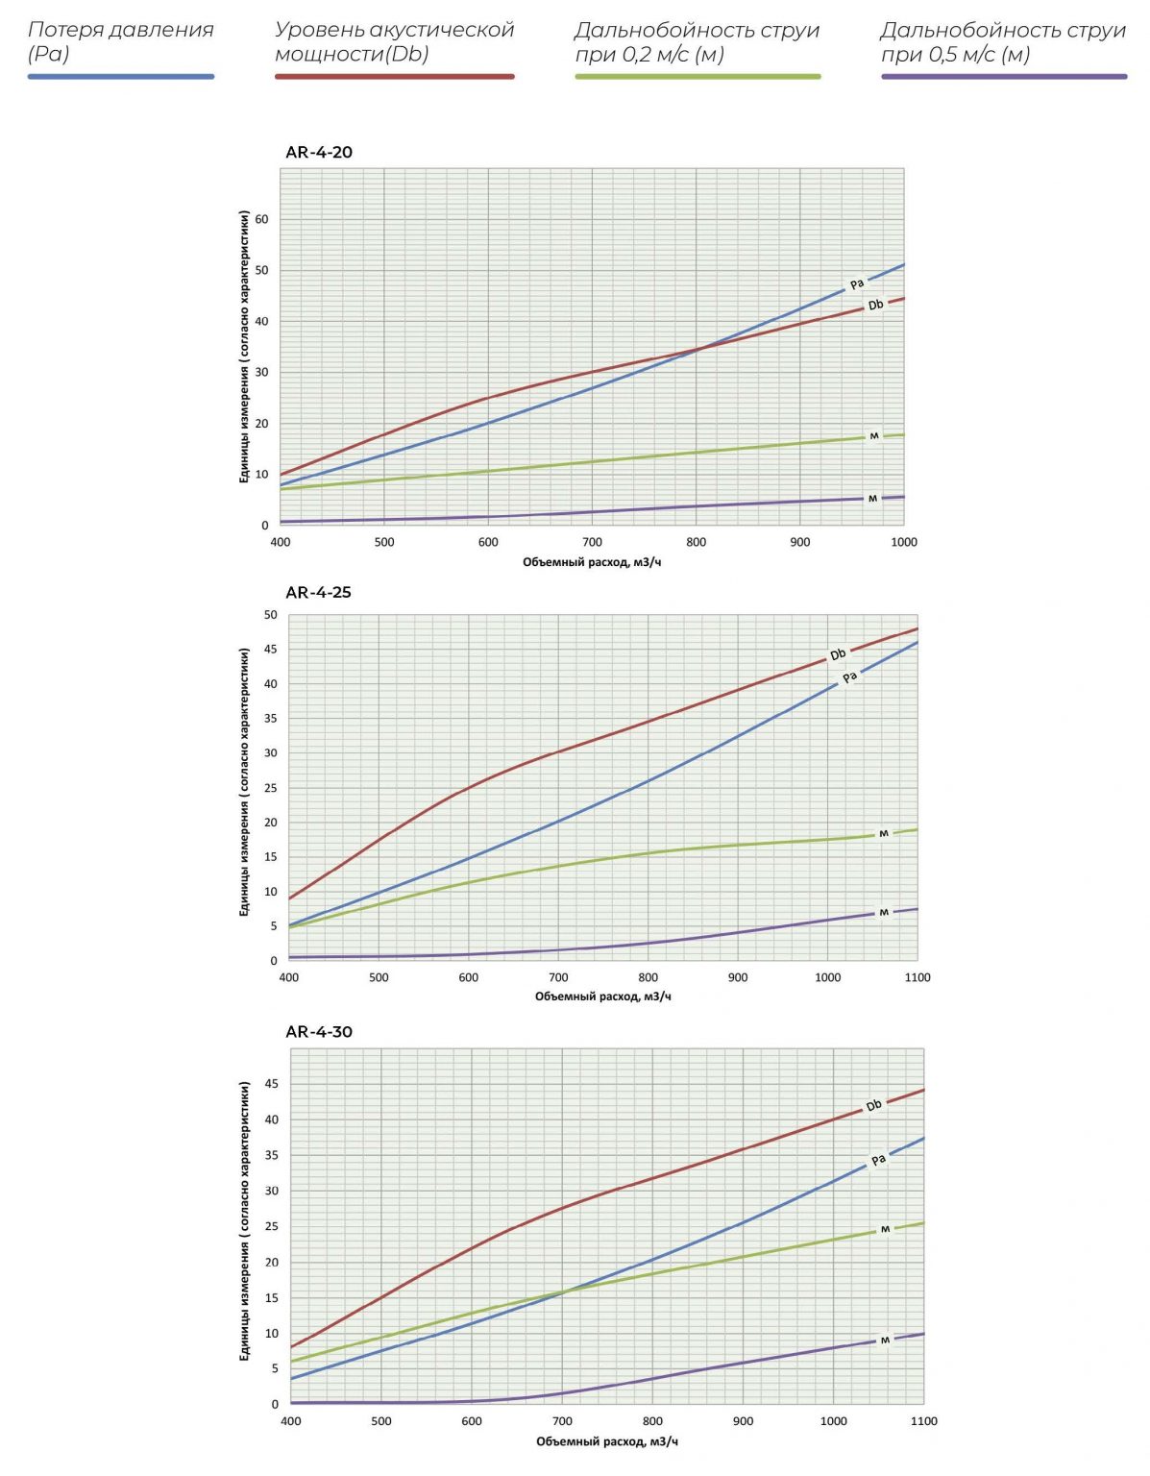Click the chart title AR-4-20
[319, 152]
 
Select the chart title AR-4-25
[318, 592]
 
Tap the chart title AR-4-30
[319, 1031]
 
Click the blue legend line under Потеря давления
[121, 76]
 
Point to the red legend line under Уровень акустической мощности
[394, 76]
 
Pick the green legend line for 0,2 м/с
[697, 76]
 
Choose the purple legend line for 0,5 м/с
[1004, 76]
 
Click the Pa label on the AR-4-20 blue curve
[857, 284]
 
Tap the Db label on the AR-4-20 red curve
[875, 306]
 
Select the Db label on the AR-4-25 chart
[838, 654]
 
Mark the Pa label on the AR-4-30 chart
[878, 1161]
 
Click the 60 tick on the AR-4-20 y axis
[261, 219]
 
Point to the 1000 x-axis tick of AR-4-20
[903, 542]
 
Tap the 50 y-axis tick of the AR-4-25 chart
[270, 615]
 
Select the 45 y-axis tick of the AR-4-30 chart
[271, 1084]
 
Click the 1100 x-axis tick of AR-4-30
[923, 1421]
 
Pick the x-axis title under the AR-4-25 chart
[602, 996]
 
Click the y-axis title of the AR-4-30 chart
[245, 1220]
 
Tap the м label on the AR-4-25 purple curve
[884, 913]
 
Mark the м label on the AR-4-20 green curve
[874, 436]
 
